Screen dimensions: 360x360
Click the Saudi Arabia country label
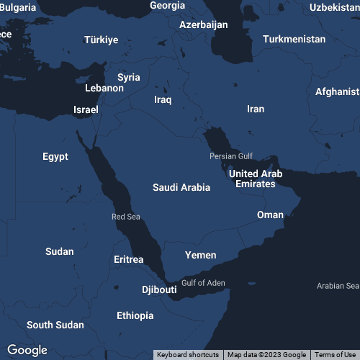(181, 187)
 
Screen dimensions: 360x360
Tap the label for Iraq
(163, 99)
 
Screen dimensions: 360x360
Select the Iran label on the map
(256, 109)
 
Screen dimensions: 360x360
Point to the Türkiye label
(101, 40)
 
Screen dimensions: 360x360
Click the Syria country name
(129, 77)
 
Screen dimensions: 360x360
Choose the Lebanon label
(104, 88)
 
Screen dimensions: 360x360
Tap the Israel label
(86, 110)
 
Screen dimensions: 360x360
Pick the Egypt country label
(55, 156)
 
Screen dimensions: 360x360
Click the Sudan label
(59, 251)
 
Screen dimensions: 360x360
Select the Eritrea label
(129, 259)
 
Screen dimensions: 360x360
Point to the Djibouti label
(159, 289)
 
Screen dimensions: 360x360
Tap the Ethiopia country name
(135, 315)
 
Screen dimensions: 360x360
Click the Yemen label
(200, 256)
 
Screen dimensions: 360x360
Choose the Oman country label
(270, 215)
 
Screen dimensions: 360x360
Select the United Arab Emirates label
(256, 179)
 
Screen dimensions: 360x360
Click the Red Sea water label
(126, 217)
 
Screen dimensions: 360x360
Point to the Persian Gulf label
(231, 156)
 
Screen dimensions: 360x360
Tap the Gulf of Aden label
(203, 283)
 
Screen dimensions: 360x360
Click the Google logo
(27, 350)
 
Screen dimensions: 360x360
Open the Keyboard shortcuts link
(188, 354)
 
